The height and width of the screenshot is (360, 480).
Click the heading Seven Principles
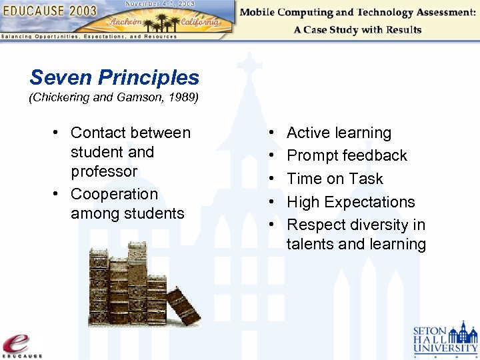point(114,77)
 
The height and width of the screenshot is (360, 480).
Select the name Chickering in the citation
point(60,98)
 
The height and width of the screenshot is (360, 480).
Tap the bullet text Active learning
point(339,133)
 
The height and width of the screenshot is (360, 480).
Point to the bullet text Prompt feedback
point(347,155)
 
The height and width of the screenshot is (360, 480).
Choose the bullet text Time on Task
point(335,179)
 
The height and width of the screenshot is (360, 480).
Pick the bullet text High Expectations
point(351,202)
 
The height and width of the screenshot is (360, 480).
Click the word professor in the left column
point(104,171)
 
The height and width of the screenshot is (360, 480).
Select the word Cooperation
point(114,194)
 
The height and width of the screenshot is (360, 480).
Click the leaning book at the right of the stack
point(183,307)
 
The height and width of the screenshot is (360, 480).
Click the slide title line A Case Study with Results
point(357,29)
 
